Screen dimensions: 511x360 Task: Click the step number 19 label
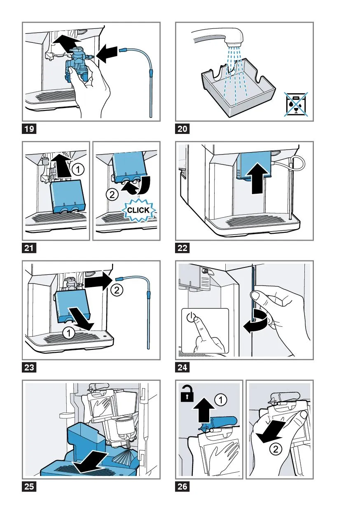(x=29, y=129)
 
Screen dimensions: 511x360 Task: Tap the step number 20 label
(x=182, y=129)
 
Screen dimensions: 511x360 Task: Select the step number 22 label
(x=182, y=248)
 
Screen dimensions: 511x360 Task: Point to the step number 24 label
(x=182, y=368)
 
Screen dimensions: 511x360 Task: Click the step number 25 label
(x=29, y=487)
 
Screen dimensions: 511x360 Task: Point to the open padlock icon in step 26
(x=187, y=395)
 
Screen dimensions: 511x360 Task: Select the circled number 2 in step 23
(x=117, y=290)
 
